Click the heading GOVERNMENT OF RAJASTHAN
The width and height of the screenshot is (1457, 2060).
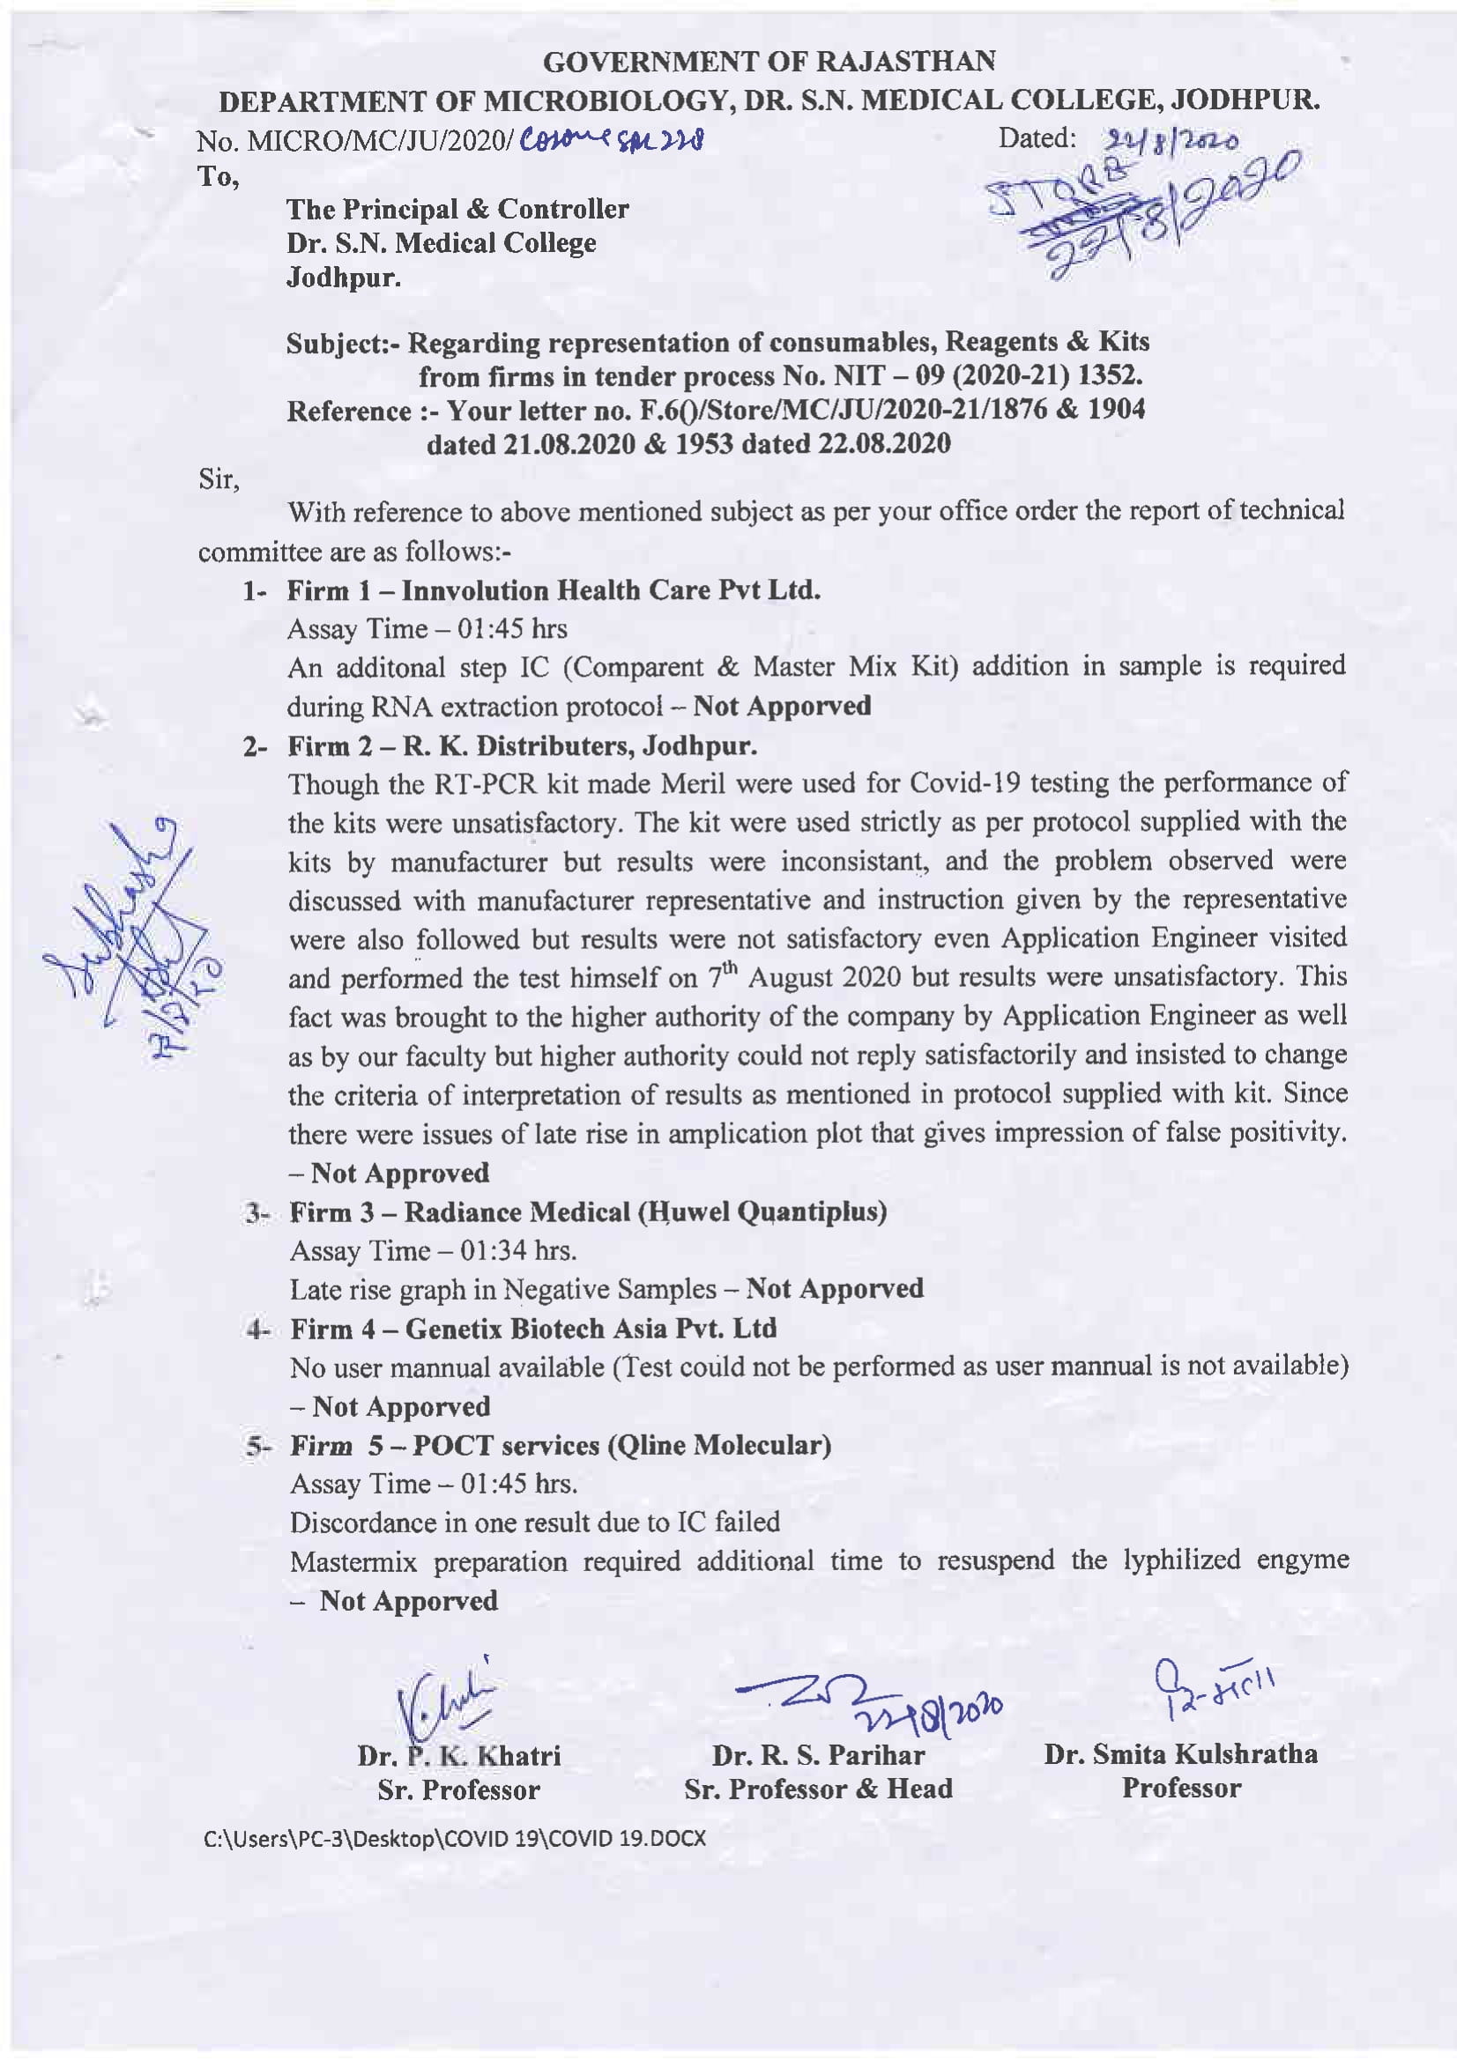[x=769, y=62]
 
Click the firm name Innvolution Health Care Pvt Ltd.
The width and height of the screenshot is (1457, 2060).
[x=611, y=590]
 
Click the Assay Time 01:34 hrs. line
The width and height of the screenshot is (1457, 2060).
[x=434, y=1251]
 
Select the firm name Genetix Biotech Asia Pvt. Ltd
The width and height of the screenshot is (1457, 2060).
[x=591, y=1329]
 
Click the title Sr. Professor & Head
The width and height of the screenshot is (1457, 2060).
[x=818, y=1789]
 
